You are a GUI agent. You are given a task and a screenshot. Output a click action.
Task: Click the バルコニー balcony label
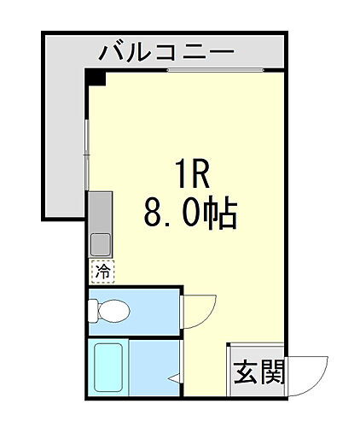pyautogui.click(x=166, y=53)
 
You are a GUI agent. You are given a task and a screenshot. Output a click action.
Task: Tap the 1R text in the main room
pyautogui.click(x=189, y=174)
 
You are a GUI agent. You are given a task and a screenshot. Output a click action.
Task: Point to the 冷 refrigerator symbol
pyautogui.click(x=102, y=272)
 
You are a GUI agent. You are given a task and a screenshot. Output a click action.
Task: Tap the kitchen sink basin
pyautogui.click(x=101, y=243)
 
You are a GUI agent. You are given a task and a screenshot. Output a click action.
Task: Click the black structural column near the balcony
pyautogui.click(x=96, y=79)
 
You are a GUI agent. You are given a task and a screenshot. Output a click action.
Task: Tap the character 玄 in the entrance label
pyautogui.click(x=246, y=372)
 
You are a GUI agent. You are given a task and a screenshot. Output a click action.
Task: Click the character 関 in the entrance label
pyautogui.click(x=271, y=372)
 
